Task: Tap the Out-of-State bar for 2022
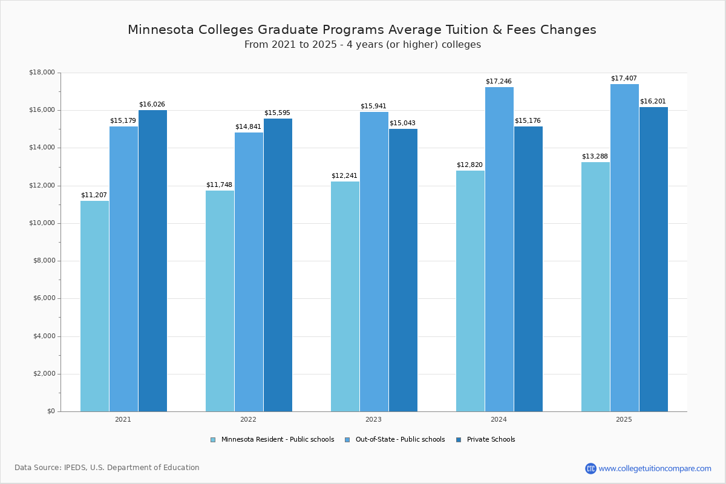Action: point(249,272)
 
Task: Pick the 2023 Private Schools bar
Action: point(403,270)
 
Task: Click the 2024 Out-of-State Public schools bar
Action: point(499,249)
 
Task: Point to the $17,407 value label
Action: point(624,79)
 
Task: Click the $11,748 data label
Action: point(219,185)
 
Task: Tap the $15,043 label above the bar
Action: point(402,123)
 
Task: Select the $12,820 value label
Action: point(469,165)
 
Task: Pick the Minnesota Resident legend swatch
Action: point(213,440)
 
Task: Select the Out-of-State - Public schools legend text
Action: point(400,440)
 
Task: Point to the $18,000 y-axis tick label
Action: point(42,73)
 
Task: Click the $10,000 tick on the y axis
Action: point(42,223)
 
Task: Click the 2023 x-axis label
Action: point(373,419)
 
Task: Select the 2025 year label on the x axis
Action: point(624,419)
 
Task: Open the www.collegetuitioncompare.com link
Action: point(655,468)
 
